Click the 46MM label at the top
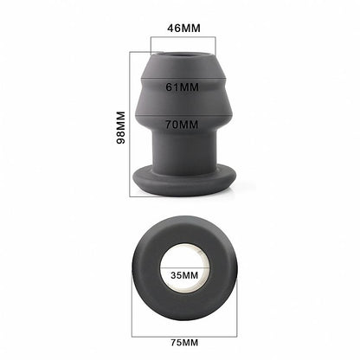tap(183, 29)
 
